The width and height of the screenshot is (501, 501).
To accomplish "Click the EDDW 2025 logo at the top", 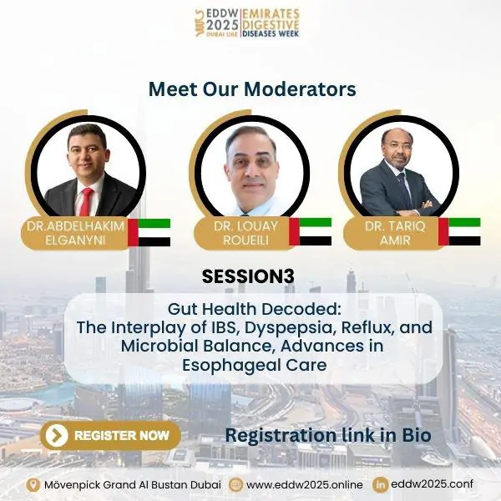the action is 247,23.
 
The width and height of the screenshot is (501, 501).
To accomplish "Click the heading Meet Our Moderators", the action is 252,89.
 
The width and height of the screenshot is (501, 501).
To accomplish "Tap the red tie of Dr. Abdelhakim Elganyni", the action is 86,201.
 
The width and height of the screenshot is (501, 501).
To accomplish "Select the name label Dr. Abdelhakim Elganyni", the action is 75,233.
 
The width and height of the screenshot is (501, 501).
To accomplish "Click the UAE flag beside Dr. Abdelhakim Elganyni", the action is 149,232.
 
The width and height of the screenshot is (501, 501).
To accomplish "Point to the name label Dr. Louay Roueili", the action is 245,233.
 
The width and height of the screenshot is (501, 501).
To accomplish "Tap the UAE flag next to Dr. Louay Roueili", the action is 311,231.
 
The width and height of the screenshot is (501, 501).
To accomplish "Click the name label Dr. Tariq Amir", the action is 395,233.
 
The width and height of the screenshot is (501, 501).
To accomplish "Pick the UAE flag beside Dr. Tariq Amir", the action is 459,231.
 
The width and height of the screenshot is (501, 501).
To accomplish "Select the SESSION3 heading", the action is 248,276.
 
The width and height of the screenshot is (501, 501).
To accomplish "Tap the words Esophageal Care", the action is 255,365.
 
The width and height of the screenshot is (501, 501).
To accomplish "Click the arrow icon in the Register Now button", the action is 57,435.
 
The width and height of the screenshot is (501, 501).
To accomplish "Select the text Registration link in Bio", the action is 328,435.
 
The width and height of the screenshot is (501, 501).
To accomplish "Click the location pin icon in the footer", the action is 33,484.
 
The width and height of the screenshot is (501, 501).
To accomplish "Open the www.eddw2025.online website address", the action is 305,484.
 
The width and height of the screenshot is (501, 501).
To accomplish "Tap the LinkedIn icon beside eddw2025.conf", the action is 380,484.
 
